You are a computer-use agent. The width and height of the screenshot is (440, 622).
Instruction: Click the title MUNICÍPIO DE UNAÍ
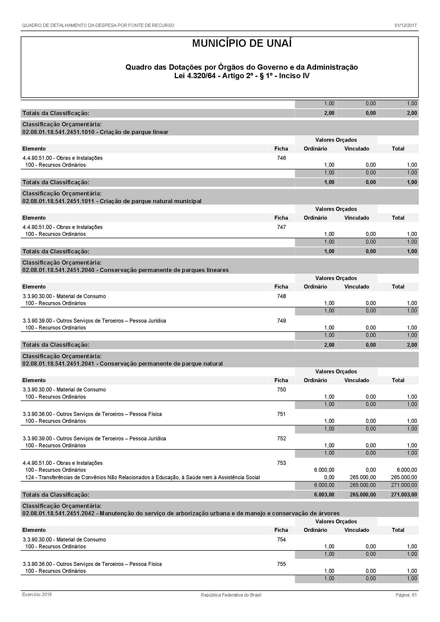[242, 44]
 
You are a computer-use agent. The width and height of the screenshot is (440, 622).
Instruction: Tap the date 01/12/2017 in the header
[405, 26]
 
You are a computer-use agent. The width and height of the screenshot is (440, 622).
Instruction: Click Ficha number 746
[281, 158]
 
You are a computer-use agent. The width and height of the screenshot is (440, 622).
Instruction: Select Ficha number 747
[281, 227]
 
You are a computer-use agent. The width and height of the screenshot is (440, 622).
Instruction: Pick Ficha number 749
[281, 321]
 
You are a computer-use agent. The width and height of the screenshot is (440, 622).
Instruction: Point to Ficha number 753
[281, 463]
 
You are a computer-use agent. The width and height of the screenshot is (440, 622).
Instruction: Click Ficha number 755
[281, 564]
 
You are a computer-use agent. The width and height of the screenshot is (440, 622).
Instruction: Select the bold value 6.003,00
[324, 495]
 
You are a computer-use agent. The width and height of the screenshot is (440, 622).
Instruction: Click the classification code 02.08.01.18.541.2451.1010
[58, 132]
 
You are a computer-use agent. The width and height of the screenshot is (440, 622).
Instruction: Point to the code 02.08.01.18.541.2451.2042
[58, 513]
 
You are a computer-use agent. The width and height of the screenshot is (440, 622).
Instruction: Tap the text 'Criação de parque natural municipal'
[150, 201]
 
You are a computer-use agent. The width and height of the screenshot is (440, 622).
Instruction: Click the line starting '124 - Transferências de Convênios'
[142, 477]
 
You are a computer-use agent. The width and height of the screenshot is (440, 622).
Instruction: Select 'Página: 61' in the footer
[406, 595]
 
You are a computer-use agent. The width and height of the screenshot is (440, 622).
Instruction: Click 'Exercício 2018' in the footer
[37, 594]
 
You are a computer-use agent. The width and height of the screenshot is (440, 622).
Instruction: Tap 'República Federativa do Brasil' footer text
[231, 595]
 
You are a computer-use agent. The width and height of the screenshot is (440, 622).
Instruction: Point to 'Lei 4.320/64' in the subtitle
[195, 76]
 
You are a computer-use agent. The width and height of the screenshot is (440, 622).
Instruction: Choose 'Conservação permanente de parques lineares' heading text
[164, 270]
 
